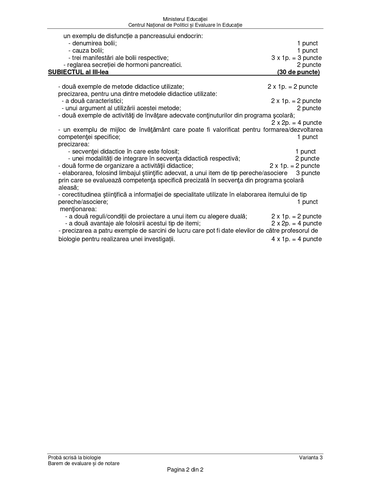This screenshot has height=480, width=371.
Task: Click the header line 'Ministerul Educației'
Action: click(185, 19)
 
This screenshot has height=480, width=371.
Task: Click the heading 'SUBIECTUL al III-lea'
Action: click(78, 72)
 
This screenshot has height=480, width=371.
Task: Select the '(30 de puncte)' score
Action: click(298, 72)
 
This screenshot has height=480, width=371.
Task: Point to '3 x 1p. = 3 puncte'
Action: click(296, 58)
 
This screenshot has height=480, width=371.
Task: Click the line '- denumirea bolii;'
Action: click(93, 43)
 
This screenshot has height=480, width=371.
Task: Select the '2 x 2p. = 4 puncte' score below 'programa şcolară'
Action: click(296, 123)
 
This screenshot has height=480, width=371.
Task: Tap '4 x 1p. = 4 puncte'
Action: click(296, 239)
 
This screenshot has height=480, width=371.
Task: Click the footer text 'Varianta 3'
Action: click(311, 458)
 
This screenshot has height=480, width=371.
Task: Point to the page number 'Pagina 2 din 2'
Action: click(185, 470)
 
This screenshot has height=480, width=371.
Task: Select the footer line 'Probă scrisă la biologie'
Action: click(74, 458)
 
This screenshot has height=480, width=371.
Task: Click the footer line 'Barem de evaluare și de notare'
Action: click(84, 463)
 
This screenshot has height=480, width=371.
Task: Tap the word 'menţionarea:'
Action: click(78, 209)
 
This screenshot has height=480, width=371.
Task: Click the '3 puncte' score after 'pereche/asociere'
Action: click(308, 173)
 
